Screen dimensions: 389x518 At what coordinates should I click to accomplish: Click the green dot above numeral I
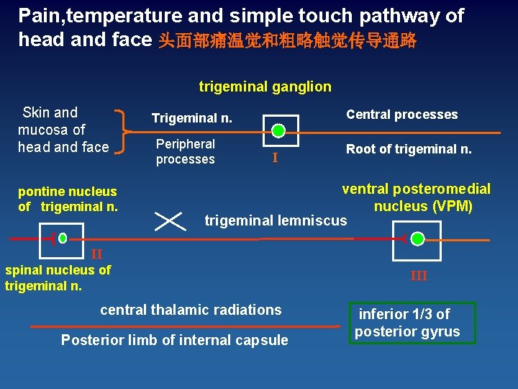tap(278, 131)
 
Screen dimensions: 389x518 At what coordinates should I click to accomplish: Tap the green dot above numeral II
tap(63, 238)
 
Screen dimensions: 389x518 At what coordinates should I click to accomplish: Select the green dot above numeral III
tap(417, 238)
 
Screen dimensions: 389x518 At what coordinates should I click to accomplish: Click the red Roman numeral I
tap(274, 158)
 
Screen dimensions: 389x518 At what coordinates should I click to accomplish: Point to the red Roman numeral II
tap(96, 253)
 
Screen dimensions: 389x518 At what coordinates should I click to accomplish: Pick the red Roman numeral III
tap(419, 275)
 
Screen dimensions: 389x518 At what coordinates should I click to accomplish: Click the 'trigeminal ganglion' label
tap(265, 87)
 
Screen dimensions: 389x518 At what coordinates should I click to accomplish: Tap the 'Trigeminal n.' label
tap(191, 117)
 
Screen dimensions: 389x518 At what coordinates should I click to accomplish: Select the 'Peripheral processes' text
tap(185, 151)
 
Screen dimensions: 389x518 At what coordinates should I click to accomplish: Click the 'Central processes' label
tap(401, 115)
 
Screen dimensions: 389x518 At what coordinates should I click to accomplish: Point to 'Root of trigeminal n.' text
tap(409, 149)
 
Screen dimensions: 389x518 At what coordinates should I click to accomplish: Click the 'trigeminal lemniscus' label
tap(276, 220)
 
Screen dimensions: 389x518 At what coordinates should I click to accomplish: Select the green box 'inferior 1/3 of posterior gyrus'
tap(412, 323)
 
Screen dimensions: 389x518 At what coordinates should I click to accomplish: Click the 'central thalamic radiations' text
tap(191, 310)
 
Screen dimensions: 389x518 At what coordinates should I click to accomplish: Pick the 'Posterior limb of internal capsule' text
tap(174, 340)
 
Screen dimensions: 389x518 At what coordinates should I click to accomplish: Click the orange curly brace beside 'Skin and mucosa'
tap(127, 131)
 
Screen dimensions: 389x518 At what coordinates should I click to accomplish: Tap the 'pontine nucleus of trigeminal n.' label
tap(67, 199)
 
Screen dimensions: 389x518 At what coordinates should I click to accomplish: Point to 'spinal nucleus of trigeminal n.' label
tap(58, 277)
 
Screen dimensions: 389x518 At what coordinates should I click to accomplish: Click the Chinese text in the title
tap(287, 40)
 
